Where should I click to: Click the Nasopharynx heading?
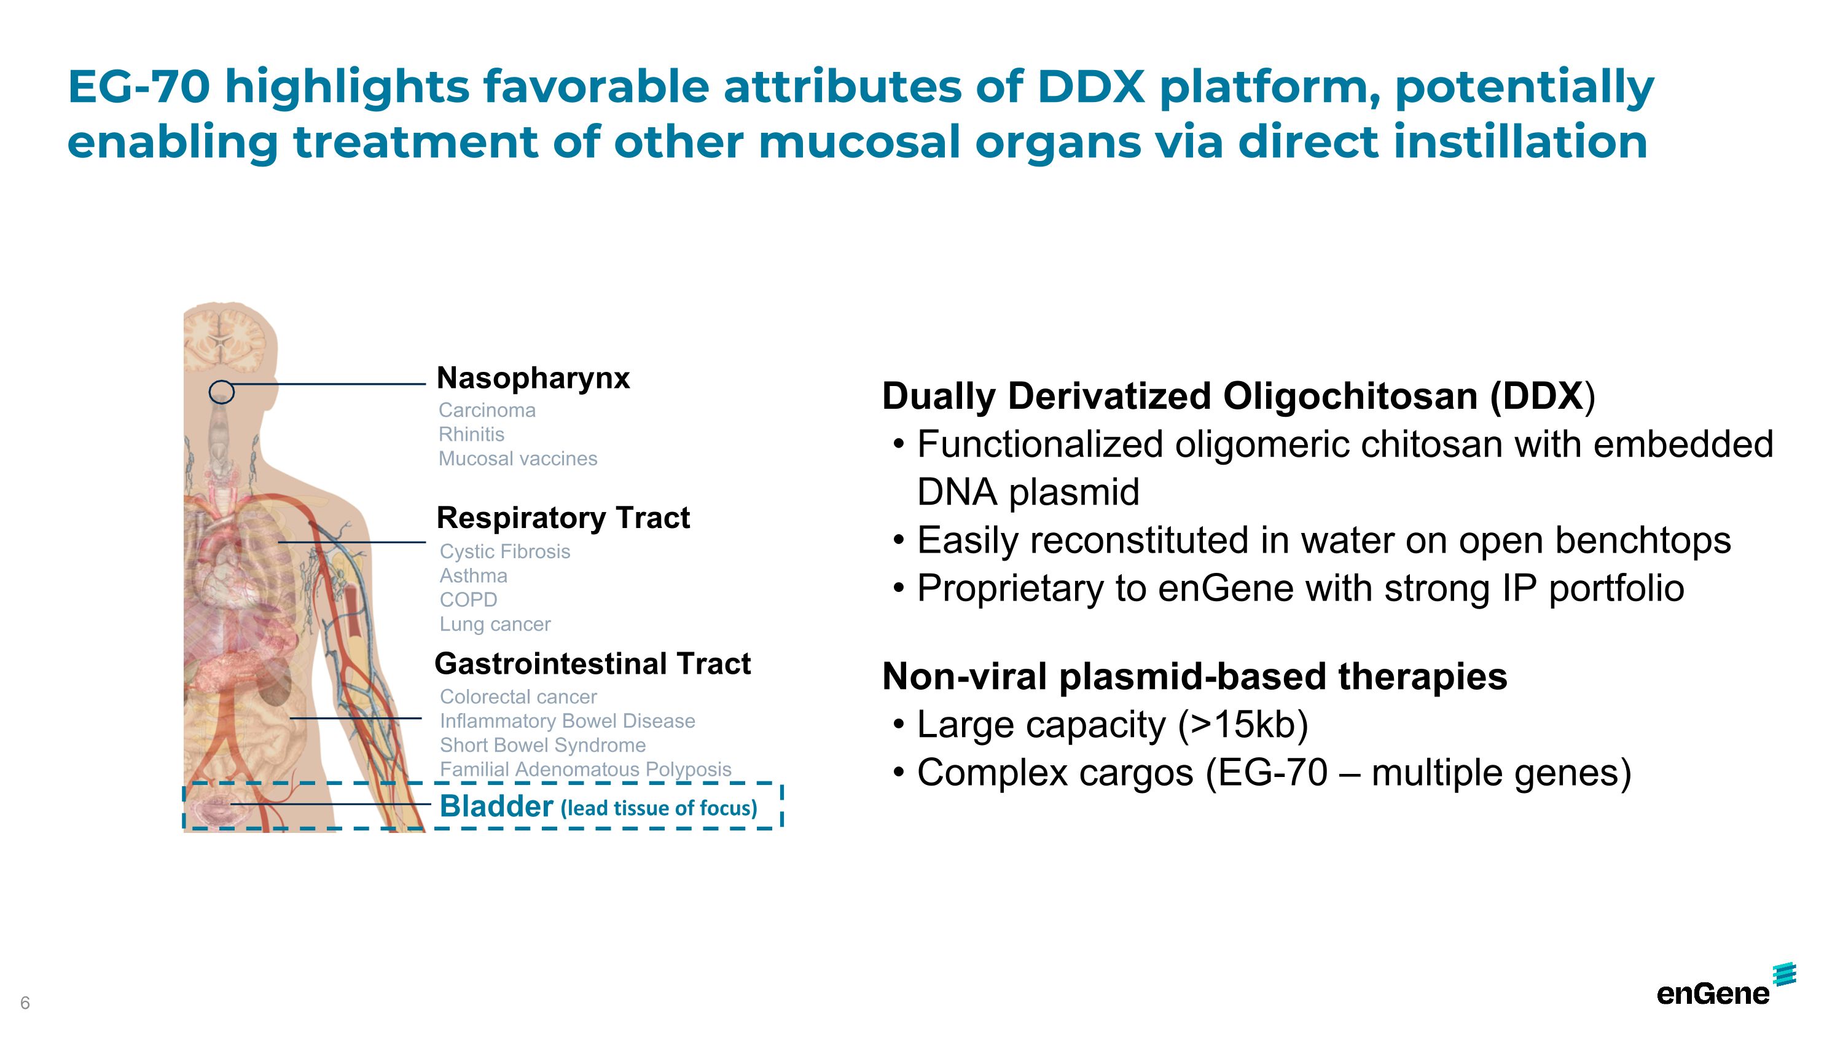click(533, 379)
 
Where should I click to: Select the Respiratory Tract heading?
click(563, 518)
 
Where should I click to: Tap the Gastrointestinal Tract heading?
click(592, 664)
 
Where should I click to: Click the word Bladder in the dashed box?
click(496, 806)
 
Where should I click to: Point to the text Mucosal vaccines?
click(518, 459)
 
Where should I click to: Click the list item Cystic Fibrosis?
click(505, 552)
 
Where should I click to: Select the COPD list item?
click(469, 600)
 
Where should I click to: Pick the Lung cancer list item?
click(495, 625)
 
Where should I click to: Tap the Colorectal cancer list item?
click(518, 697)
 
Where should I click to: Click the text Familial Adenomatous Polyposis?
click(586, 770)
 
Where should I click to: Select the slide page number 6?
click(25, 1003)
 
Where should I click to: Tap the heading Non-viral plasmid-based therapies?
click(1195, 677)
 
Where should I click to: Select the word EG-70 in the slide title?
click(139, 87)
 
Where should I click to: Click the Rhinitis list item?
click(471, 435)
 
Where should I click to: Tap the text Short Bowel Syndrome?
click(543, 746)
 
